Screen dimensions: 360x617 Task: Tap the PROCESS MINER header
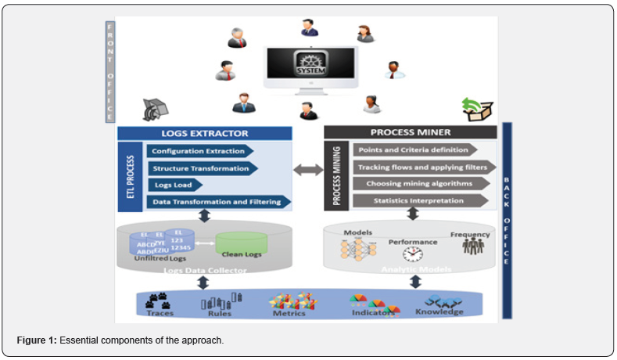(x=410, y=132)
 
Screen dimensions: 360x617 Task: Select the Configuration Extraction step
(x=199, y=151)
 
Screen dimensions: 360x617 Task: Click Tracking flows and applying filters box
(x=422, y=167)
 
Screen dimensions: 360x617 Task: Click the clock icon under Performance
(x=412, y=254)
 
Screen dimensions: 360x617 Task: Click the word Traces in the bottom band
(x=160, y=314)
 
